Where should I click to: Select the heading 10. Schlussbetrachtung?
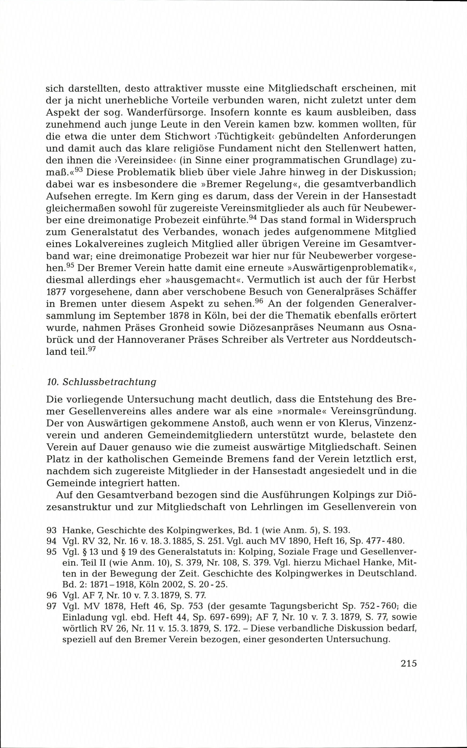pos(101,382)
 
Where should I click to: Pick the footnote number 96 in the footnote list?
pos(51,595)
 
